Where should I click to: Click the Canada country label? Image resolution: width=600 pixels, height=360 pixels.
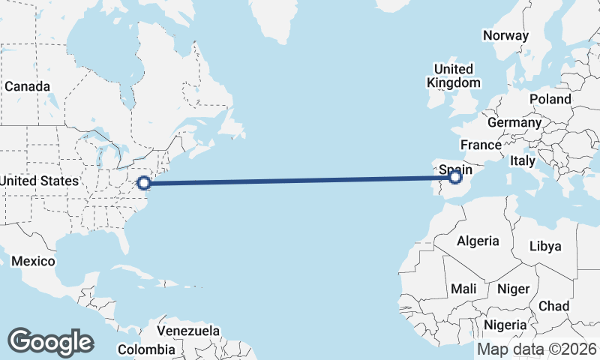tap(27, 86)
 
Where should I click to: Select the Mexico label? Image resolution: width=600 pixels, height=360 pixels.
tap(33, 261)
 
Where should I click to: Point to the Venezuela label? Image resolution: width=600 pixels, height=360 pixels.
tap(188, 330)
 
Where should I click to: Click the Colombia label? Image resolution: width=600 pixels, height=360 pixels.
tap(146, 349)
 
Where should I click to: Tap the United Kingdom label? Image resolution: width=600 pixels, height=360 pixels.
tap(454, 76)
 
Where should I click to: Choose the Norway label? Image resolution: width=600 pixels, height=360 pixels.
tap(505, 35)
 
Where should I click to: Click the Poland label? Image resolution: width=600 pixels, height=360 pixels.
tap(550, 99)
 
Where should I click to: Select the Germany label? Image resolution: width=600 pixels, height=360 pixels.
tap(514, 122)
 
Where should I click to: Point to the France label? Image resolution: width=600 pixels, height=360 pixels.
tap(481, 145)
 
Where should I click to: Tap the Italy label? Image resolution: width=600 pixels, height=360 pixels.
tap(523, 160)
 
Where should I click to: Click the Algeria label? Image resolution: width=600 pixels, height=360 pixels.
tap(478, 241)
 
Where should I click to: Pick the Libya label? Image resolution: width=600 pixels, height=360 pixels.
tap(544, 246)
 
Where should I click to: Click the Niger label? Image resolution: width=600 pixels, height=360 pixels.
tap(514, 289)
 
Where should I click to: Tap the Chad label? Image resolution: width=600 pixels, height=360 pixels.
tap(553, 306)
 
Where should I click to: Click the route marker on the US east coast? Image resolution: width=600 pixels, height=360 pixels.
tap(145, 181)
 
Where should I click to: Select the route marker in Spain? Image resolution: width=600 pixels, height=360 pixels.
tap(454, 177)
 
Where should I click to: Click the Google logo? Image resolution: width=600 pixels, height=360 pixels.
tap(50, 342)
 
